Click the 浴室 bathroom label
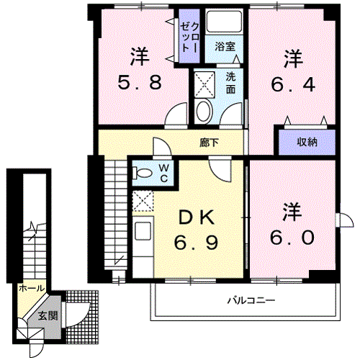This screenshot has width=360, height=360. point(225,46)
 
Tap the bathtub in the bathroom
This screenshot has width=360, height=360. point(225,22)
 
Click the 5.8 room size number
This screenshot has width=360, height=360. point(140,82)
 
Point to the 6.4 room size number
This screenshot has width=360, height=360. point(293,84)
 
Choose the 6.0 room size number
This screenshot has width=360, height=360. point(292,238)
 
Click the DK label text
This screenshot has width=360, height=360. point(197,217)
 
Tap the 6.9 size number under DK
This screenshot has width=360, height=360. point(196,242)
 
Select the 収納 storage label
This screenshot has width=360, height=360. point(307,143)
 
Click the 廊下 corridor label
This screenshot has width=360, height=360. point(209,143)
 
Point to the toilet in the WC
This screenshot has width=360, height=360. point(143,173)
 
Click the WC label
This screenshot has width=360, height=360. point(164,173)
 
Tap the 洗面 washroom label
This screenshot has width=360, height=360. point(230,83)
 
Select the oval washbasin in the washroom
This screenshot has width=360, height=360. point(204,112)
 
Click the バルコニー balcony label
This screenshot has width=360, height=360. point(251,300)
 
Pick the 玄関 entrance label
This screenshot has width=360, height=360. point(48,315)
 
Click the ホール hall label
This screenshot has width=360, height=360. point(32,288)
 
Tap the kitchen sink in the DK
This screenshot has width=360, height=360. point(143,231)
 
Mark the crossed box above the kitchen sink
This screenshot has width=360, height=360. point(143,201)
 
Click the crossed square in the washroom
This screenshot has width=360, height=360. point(204,84)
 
